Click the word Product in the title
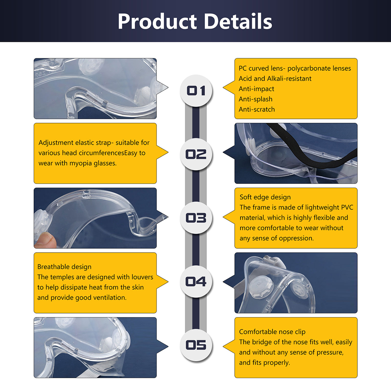[x=157, y=22]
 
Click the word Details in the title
[x=238, y=22]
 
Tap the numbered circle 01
[x=196, y=91]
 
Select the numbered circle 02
[x=196, y=154]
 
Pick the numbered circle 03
[x=196, y=218]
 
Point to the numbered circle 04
[x=196, y=281]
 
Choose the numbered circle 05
[x=196, y=345]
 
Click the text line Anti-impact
[x=256, y=89]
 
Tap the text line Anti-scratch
[x=256, y=109]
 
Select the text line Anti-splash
[x=256, y=99]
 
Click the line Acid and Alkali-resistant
[x=275, y=79]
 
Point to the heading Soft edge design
[x=265, y=197]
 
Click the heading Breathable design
[x=65, y=267]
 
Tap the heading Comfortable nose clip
[x=272, y=332]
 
